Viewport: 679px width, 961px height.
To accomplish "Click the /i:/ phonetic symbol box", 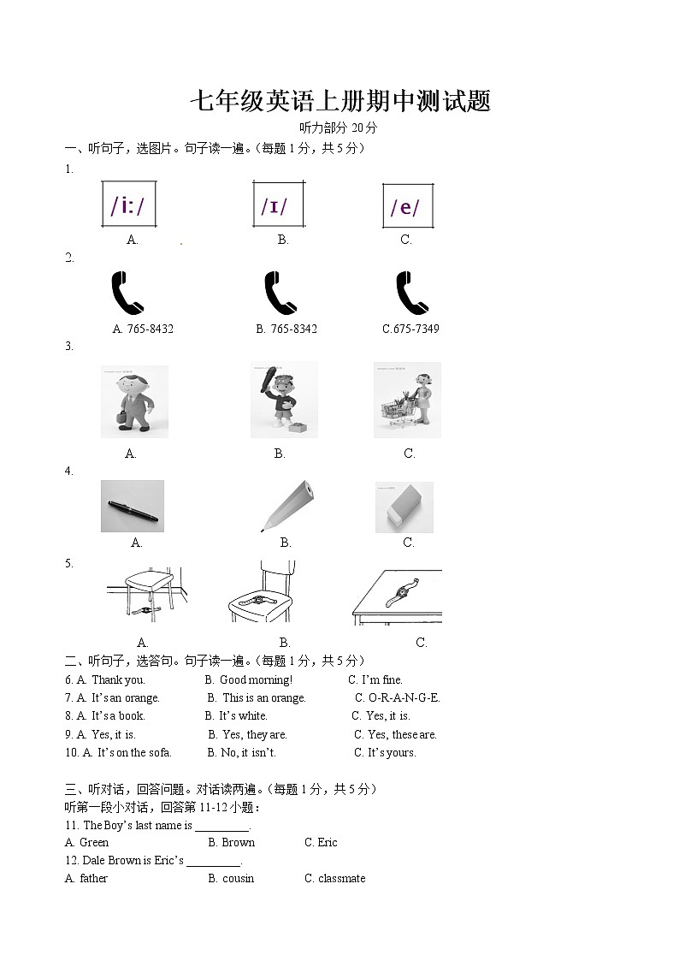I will (128, 205).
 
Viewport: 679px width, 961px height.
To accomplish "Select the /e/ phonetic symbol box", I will (406, 206).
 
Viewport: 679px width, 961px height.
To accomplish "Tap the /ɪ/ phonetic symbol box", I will (277, 205).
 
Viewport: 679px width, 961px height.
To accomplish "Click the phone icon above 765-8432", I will (128, 294).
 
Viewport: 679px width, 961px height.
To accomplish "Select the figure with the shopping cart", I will (408, 400).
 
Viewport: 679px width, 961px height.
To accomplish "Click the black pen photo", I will (132, 507).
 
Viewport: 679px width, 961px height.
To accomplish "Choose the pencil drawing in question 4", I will (285, 505).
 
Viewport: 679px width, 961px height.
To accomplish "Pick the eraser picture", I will (404, 507).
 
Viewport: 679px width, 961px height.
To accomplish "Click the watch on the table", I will (401, 592).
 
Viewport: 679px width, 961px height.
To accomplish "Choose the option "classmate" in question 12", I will (341, 878).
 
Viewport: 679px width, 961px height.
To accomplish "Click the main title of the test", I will (339, 102).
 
